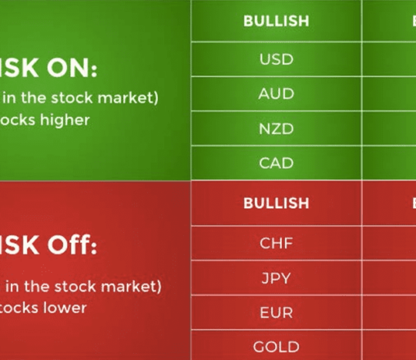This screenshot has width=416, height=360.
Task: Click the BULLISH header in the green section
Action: [x=276, y=21]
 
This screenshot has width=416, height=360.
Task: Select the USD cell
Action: [x=276, y=59]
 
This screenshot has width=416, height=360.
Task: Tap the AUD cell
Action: [x=276, y=94]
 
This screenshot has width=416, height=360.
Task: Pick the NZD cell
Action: [x=276, y=129]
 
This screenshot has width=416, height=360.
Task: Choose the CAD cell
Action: [x=276, y=164]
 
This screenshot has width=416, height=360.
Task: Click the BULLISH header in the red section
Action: [x=276, y=203]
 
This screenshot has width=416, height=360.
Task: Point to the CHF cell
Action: [x=276, y=243]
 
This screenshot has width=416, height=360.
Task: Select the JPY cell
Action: [x=276, y=277]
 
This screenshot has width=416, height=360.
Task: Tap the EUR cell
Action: [x=276, y=312]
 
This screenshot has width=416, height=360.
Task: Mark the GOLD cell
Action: [x=276, y=347]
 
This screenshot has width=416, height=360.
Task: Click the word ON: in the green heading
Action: [x=69, y=70]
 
